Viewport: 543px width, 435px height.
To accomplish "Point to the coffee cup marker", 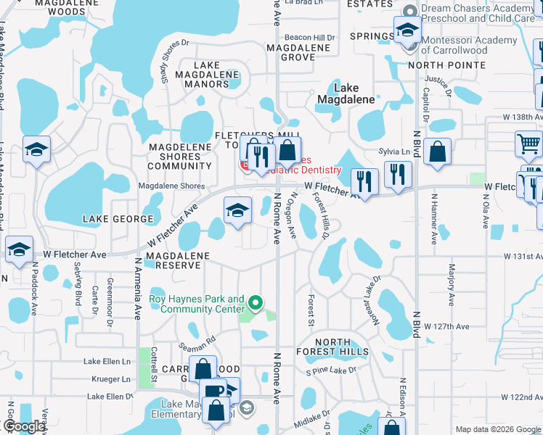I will [x=213, y=391].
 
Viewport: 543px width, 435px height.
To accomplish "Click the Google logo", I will [x=24, y=426].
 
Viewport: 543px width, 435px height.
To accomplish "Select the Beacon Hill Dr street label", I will [x=310, y=37].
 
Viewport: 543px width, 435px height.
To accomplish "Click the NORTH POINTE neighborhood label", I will [x=444, y=65].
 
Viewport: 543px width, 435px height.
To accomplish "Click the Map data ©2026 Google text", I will [x=498, y=429].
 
